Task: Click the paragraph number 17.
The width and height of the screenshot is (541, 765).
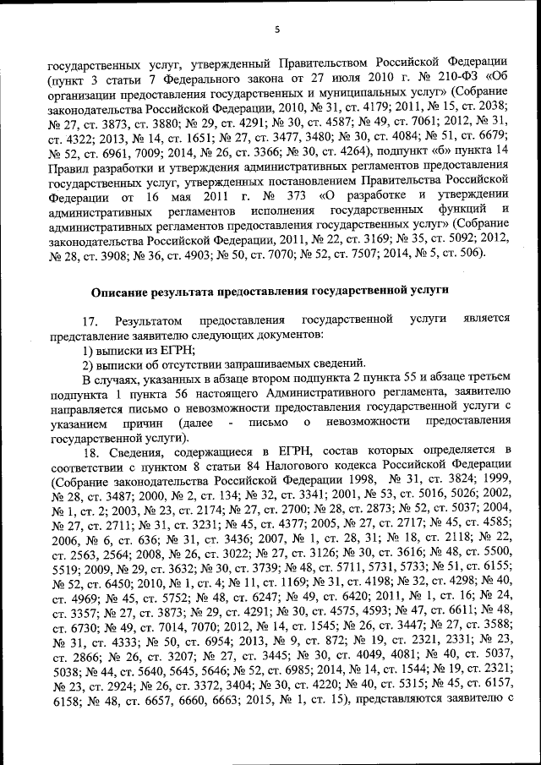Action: click(90, 320)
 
